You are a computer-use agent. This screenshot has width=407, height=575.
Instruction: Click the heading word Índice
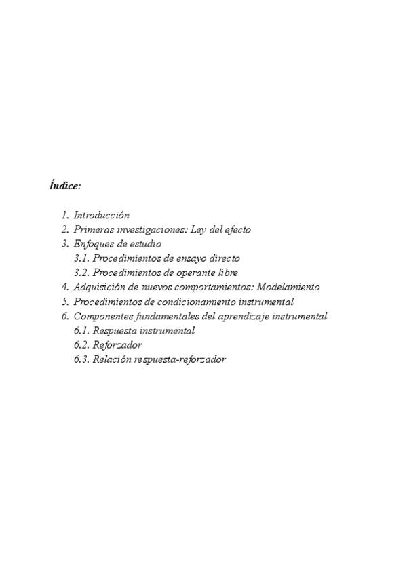(x=64, y=185)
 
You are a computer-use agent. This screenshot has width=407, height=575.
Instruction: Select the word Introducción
(x=101, y=215)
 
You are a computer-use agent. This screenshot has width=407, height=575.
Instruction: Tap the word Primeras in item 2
(x=92, y=230)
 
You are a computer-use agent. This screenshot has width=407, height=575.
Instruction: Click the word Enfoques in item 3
(x=93, y=244)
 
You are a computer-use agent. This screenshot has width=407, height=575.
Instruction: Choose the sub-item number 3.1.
(x=81, y=258)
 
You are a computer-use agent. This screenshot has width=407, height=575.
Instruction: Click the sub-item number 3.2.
(x=81, y=273)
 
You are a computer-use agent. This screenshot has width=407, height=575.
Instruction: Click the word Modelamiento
(x=288, y=287)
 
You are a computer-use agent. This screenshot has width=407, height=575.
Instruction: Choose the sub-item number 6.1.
(x=81, y=331)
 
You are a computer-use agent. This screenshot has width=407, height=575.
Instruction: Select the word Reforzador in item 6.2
(x=117, y=345)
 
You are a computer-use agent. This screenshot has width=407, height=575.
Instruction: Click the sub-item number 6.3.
(x=81, y=360)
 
